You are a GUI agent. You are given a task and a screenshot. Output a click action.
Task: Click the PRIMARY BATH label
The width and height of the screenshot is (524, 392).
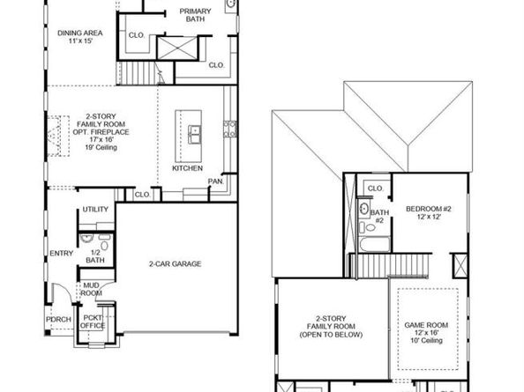[x=195, y=16]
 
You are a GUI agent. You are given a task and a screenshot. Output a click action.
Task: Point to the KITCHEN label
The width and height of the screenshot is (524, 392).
[x=188, y=167]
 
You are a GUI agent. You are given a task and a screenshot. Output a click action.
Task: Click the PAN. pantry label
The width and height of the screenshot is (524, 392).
[x=214, y=181]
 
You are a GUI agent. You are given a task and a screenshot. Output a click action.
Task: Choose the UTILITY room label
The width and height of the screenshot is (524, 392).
[x=94, y=210]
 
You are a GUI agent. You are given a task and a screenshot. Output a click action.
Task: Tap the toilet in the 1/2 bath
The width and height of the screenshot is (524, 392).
[x=88, y=238]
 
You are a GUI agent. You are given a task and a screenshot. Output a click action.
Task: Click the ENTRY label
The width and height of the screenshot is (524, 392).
[x=62, y=254]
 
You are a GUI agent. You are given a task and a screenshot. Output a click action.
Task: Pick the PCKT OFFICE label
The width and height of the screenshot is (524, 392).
[x=94, y=322]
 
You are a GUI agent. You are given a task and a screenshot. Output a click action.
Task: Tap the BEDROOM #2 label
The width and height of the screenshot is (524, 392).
[x=428, y=213]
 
